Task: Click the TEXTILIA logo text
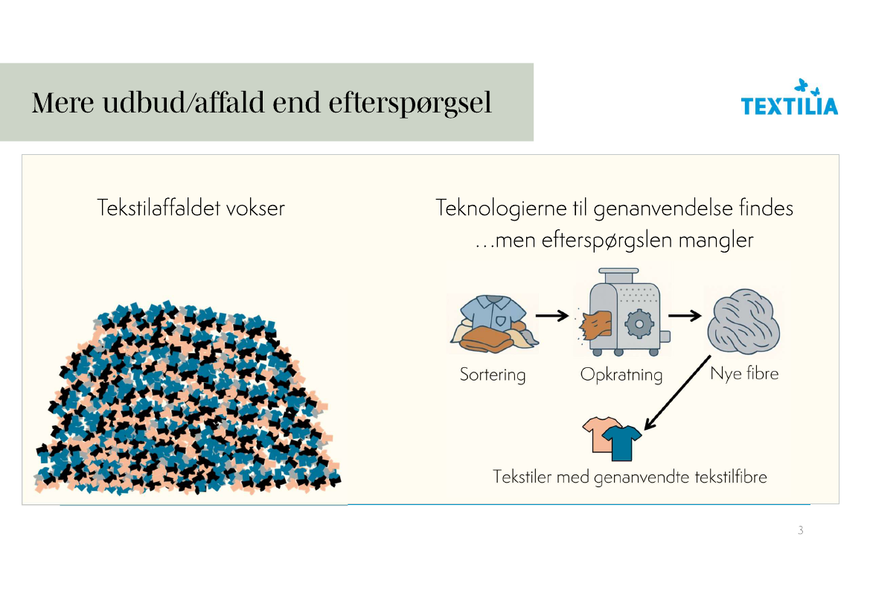coord(789,106)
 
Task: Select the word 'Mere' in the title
coord(63,103)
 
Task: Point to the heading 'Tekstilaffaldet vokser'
coord(191,208)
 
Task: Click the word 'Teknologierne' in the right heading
coord(505,207)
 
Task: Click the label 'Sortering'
coord(493,374)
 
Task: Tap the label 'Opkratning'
coord(621,374)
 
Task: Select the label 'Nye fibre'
coord(744,372)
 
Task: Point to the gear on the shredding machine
coord(637,324)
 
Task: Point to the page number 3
coord(800,531)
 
